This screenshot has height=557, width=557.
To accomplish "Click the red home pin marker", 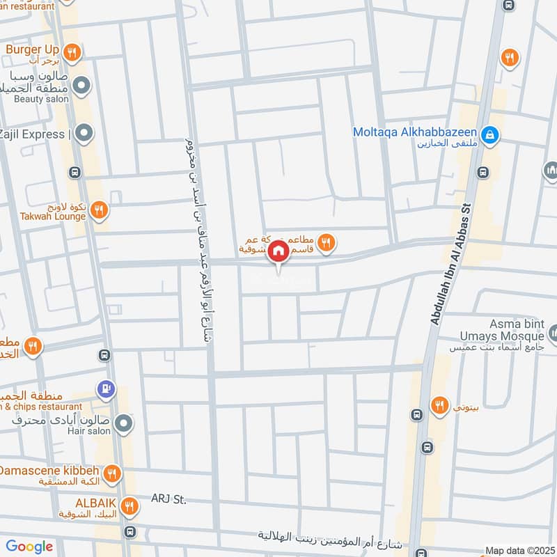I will click(x=278, y=251).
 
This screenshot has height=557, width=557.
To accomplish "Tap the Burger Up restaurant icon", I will click(x=72, y=51).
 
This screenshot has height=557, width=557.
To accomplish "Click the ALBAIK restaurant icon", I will click(x=129, y=506).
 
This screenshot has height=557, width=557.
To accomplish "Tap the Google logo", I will click(x=29, y=547).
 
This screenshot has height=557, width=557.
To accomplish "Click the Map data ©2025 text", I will click(x=521, y=551).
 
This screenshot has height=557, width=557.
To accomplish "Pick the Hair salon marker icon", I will click(x=123, y=422).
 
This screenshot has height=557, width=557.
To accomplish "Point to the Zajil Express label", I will click(x=33, y=132).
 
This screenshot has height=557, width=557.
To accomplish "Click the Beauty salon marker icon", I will click(x=82, y=86).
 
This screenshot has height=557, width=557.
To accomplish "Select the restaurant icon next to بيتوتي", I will click(x=439, y=405).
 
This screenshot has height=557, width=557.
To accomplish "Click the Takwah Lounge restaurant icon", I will click(x=100, y=209).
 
